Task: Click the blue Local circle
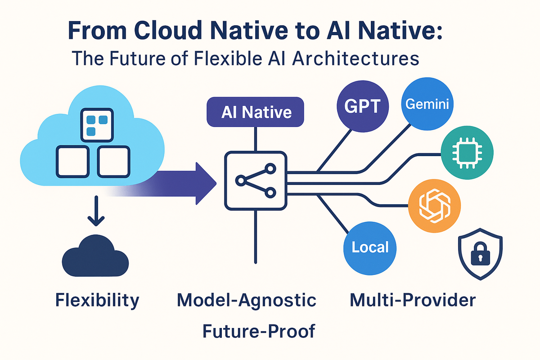point(370,247)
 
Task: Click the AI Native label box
point(256,112)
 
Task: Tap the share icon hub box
point(256,180)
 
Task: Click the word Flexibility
point(97,300)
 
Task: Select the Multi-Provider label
point(412,300)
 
